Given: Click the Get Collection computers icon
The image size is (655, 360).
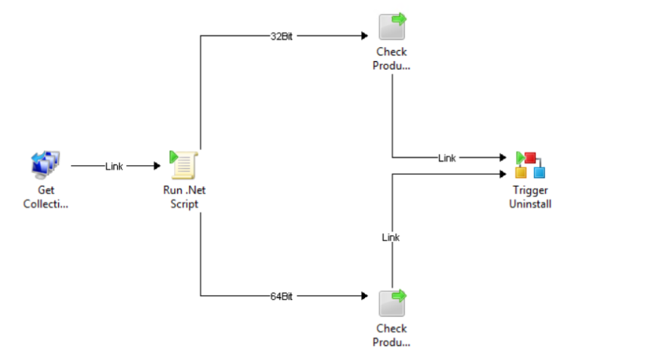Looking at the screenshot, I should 45,164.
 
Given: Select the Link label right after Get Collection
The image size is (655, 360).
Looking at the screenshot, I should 114,167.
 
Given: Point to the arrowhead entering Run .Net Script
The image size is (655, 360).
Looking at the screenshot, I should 156,167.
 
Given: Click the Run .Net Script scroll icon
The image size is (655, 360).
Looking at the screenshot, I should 184,164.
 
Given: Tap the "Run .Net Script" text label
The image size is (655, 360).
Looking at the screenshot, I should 184,197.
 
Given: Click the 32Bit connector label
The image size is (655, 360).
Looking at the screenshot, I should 282,36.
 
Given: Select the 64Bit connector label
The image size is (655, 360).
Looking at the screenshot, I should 282,297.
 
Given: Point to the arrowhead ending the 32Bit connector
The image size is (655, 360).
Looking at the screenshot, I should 364,36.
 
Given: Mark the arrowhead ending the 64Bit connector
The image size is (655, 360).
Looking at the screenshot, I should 364,297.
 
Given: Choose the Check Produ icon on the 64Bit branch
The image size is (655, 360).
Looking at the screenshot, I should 392,302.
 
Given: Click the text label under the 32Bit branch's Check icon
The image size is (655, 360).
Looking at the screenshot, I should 392,59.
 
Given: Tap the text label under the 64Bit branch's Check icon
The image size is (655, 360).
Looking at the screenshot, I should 392,335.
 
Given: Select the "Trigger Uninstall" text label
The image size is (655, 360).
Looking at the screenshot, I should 530,197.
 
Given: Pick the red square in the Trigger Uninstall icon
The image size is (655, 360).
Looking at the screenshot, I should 531,158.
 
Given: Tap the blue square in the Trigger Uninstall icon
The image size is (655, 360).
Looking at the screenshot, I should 539,173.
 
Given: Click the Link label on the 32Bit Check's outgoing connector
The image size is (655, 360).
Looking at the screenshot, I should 447,158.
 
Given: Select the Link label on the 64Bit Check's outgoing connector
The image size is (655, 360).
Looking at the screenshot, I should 391,238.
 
